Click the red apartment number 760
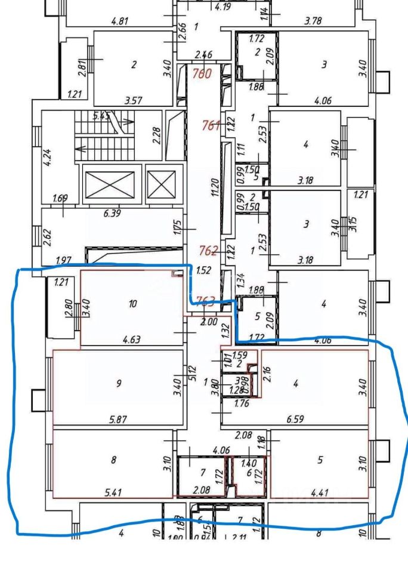point(203,75)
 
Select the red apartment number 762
point(211,251)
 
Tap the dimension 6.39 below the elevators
point(112,213)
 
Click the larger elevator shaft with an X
point(110,186)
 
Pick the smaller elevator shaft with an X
point(161,184)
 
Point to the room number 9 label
point(119,384)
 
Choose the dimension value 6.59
point(295,420)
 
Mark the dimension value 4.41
point(320,493)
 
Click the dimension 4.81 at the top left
point(121,21)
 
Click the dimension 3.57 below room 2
point(133,101)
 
